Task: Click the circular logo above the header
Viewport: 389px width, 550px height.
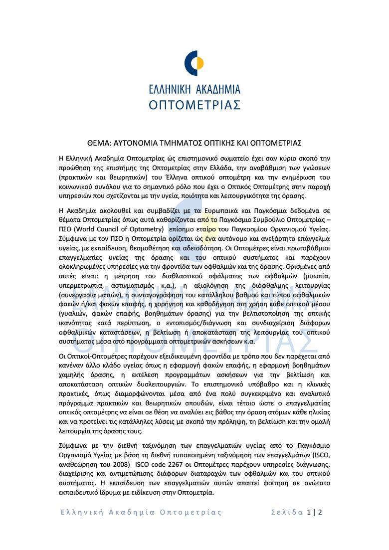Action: tap(194, 63)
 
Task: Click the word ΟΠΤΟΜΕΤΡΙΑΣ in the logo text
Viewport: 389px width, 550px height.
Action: tap(194, 104)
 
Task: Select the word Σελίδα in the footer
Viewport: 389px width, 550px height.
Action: tap(287, 512)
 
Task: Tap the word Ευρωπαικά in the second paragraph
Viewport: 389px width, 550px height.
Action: tap(216, 210)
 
